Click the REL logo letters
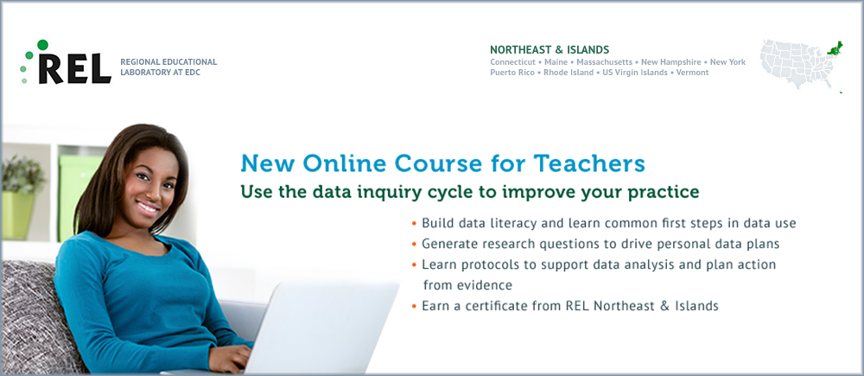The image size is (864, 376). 75,67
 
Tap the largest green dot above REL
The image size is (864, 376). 42,45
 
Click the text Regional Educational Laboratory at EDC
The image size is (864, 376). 168,67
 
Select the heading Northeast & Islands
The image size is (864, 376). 550,49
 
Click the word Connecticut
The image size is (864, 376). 512,61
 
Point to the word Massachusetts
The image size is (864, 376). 605,61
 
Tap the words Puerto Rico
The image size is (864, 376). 511,73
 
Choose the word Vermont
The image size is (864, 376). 693,73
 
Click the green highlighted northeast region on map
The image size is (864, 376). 835,48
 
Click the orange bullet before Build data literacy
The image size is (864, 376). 414,224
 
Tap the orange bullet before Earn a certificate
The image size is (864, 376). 414,306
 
